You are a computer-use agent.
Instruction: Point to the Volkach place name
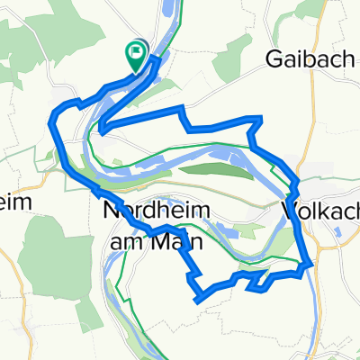click(x=320, y=211)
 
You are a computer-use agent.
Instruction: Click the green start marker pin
click(x=136, y=57)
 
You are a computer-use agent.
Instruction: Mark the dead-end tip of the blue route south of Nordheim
click(x=196, y=302)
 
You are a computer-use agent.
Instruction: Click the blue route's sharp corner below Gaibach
click(x=261, y=118)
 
